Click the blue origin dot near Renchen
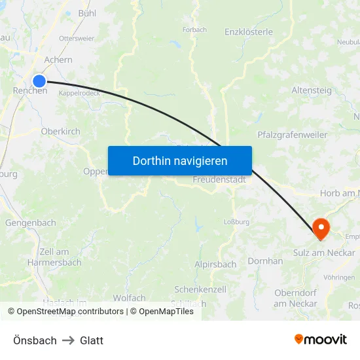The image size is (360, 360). pyautogui.click(x=39, y=81)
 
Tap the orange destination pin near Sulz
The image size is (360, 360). pyautogui.click(x=321, y=228)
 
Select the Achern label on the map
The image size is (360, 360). pyautogui.click(x=58, y=60)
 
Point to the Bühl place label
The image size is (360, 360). pyautogui.click(x=86, y=13)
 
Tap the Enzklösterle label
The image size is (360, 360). pyautogui.click(x=249, y=31)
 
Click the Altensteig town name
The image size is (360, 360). pyautogui.click(x=312, y=90)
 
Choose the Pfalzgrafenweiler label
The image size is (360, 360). pyautogui.click(x=293, y=135)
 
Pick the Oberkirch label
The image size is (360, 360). pyautogui.click(x=60, y=131)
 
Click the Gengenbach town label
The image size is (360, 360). pyautogui.click(x=31, y=223)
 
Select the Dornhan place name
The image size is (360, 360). pyautogui.click(x=265, y=261)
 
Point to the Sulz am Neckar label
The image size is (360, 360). pyautogui.click(x=324, y=253)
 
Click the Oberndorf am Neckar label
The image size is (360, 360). pyautogui.click(x=295, y=298)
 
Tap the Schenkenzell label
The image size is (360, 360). pyautogui.click(x=200, y=289)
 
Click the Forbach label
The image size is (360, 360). pyautogui.click(x=195, y=29)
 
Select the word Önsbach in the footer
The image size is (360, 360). pyautogui.click(x=35, y=340)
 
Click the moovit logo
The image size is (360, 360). pyautogui.click(x=321, y=339)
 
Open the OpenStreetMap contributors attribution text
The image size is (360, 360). pyautogui.click(x=66, y=312)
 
